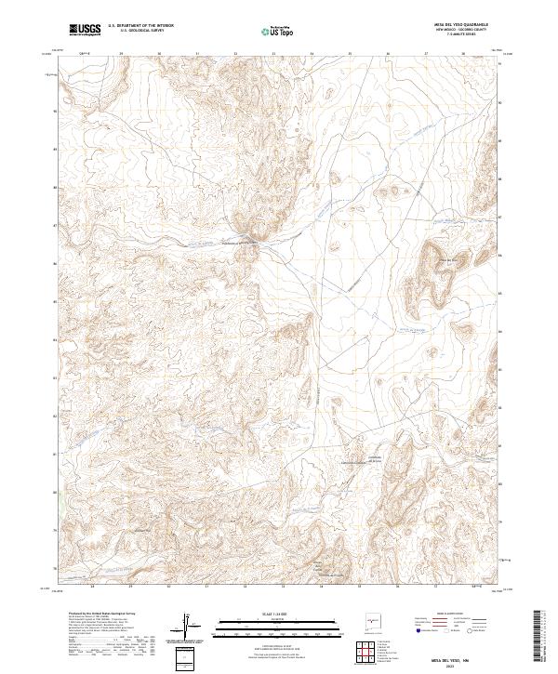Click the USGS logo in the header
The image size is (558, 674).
click(x=85, y=30)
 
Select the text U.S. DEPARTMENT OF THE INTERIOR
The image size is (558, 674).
click(x=140, y=26)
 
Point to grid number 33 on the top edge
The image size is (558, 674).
click(x=272, y=54)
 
